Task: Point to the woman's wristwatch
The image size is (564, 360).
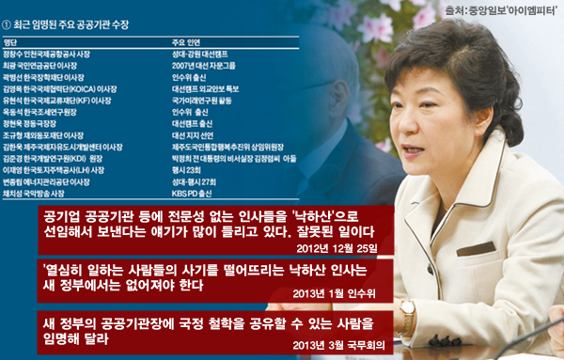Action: [x=408, y=311]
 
